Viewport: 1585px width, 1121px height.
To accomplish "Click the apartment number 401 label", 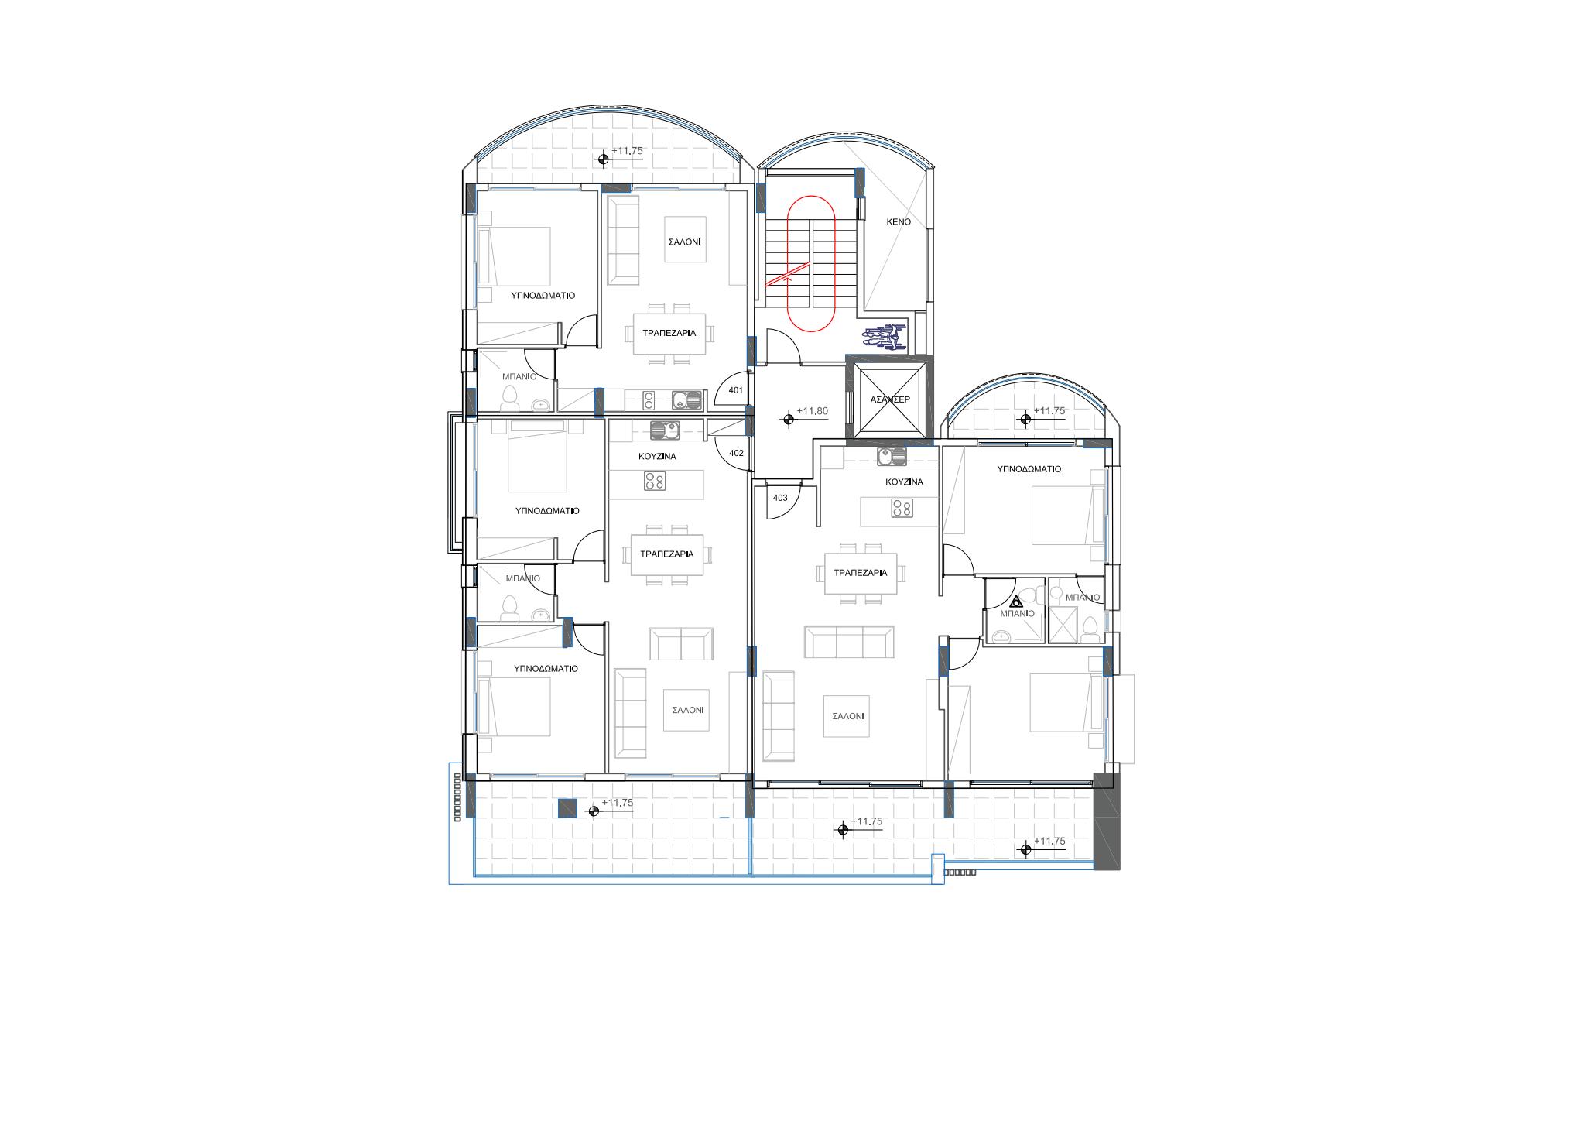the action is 735,390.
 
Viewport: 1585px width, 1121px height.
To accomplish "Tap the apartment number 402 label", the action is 736,453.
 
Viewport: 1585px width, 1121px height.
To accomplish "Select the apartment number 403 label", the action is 780,498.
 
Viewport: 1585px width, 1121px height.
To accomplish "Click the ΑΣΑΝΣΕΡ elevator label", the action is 890,399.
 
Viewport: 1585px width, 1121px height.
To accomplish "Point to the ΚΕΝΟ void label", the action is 899,221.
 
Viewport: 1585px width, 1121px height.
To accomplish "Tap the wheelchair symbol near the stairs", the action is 884,337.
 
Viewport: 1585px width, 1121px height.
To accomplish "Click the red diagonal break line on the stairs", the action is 787,275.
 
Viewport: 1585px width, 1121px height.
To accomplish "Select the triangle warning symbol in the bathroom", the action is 1018,601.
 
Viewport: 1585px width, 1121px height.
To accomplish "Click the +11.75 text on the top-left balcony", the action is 627,151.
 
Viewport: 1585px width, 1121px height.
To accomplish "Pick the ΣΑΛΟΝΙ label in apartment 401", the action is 684,242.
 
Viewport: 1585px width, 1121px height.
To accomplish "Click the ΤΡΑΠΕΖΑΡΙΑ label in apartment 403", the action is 861,573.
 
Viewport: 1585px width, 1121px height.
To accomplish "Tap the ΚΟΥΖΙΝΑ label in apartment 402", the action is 657,457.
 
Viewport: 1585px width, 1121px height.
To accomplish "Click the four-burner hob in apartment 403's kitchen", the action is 901,509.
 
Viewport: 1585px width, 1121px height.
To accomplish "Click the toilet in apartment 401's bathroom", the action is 510,398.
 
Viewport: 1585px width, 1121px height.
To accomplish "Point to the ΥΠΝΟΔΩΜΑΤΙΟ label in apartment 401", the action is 543,296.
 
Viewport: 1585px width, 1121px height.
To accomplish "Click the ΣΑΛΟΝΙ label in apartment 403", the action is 848,717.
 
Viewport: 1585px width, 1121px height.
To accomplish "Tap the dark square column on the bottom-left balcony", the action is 567,808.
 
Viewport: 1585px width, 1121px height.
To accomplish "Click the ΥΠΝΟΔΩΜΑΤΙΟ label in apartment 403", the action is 1029,469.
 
